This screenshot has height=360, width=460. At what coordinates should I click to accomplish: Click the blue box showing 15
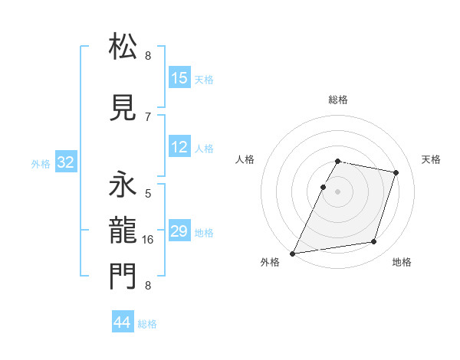coord(179,78)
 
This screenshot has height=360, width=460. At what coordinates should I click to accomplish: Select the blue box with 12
coord(179,147)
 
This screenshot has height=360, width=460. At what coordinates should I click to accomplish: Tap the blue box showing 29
coord(179,231)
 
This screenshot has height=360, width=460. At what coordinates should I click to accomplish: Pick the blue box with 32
coord(65,162)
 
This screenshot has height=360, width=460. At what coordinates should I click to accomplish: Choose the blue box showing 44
coord(123,322)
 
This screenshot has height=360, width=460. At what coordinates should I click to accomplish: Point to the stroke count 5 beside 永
coord(148,193)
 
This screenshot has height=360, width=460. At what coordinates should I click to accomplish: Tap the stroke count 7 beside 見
coord(148,116)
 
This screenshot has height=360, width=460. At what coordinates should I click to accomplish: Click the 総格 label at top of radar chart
coord(338,100)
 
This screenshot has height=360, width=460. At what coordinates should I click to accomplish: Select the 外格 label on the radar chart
coord(270,263)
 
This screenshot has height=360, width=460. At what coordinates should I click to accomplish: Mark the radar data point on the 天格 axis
coord(396,172)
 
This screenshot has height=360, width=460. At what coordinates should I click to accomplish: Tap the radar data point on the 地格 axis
coord(374,242)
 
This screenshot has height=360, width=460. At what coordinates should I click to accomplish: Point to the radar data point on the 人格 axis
coord(324,187)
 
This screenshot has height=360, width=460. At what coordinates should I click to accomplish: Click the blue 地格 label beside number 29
coord(204,232)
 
